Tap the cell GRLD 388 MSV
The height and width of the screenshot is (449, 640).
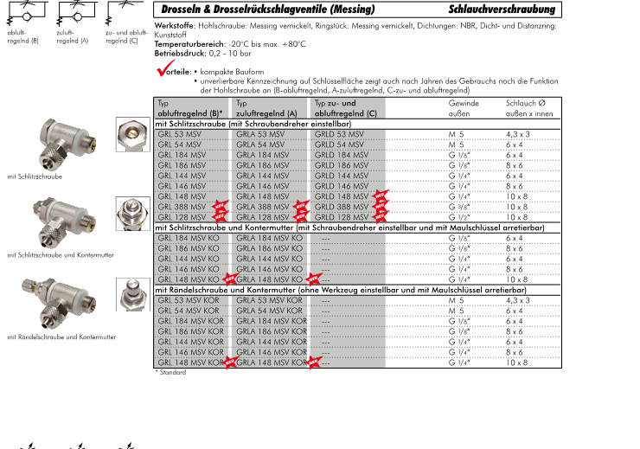[x=342, y=207]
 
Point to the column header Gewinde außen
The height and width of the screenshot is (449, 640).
[x=464, y=108]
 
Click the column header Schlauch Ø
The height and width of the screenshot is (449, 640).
[x=525, y=103]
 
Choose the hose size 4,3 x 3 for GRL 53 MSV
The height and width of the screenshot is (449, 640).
[x=518, y=134]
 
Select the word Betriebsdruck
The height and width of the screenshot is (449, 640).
[x=177, y=54]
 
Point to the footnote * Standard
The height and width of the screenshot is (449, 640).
[x=170, y=373]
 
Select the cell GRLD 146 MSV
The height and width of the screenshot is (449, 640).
[x=342, y=186]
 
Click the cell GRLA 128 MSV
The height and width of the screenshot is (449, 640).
[x=265, y=217]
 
